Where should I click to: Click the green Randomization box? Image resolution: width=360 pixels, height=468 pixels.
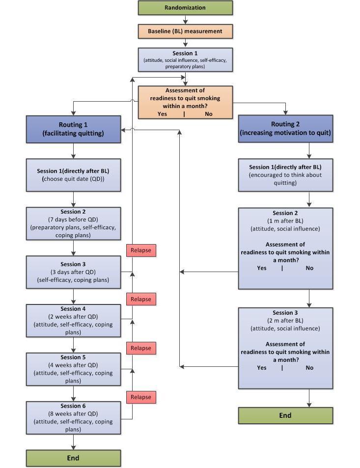point(185,8)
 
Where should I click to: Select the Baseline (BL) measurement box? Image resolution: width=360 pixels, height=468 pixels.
point(185,31)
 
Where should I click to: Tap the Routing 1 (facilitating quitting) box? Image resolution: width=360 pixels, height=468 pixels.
point(73,129)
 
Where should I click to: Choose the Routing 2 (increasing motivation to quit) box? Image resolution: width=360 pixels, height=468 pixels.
point(285,129)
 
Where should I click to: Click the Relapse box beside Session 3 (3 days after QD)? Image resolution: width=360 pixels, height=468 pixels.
point(141,250)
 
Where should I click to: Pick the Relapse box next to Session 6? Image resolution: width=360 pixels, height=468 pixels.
point(141,397)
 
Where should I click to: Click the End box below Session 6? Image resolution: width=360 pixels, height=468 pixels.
point(73,458)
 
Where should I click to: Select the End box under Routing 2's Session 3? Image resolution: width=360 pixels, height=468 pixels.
point(285,415)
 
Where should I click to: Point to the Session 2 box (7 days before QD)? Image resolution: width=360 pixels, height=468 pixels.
point(73,224)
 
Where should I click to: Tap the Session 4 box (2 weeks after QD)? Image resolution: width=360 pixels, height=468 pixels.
point(73,321)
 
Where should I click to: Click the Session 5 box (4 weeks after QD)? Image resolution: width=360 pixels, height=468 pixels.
point(73,369)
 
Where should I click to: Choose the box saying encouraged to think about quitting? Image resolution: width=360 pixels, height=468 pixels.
point(285,175)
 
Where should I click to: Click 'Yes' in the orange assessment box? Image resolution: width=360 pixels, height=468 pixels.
point(162,114)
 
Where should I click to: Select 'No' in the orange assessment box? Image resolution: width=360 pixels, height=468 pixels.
point(209,114)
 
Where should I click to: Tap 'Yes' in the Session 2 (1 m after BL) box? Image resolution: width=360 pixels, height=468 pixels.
point(262,268)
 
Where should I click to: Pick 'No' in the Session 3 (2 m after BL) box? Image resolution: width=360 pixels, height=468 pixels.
point(309,368)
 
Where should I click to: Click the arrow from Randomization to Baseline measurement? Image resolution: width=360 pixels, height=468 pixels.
point(185,20)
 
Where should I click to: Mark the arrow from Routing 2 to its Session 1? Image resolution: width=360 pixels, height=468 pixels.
point(309,151)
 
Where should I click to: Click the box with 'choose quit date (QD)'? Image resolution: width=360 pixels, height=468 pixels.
point(73,175)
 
